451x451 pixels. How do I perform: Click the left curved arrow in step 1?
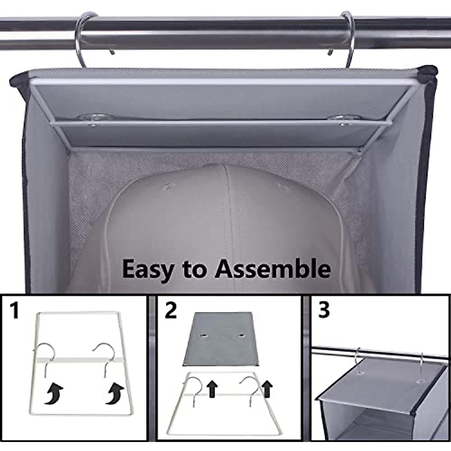(53, 395)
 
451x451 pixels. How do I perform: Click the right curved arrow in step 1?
(113, 395)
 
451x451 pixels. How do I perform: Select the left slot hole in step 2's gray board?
(205, 335)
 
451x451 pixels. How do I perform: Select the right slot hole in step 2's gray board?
(239, 335)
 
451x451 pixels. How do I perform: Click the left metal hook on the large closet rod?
(85, 38)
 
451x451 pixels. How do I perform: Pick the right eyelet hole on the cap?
(279, 186)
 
